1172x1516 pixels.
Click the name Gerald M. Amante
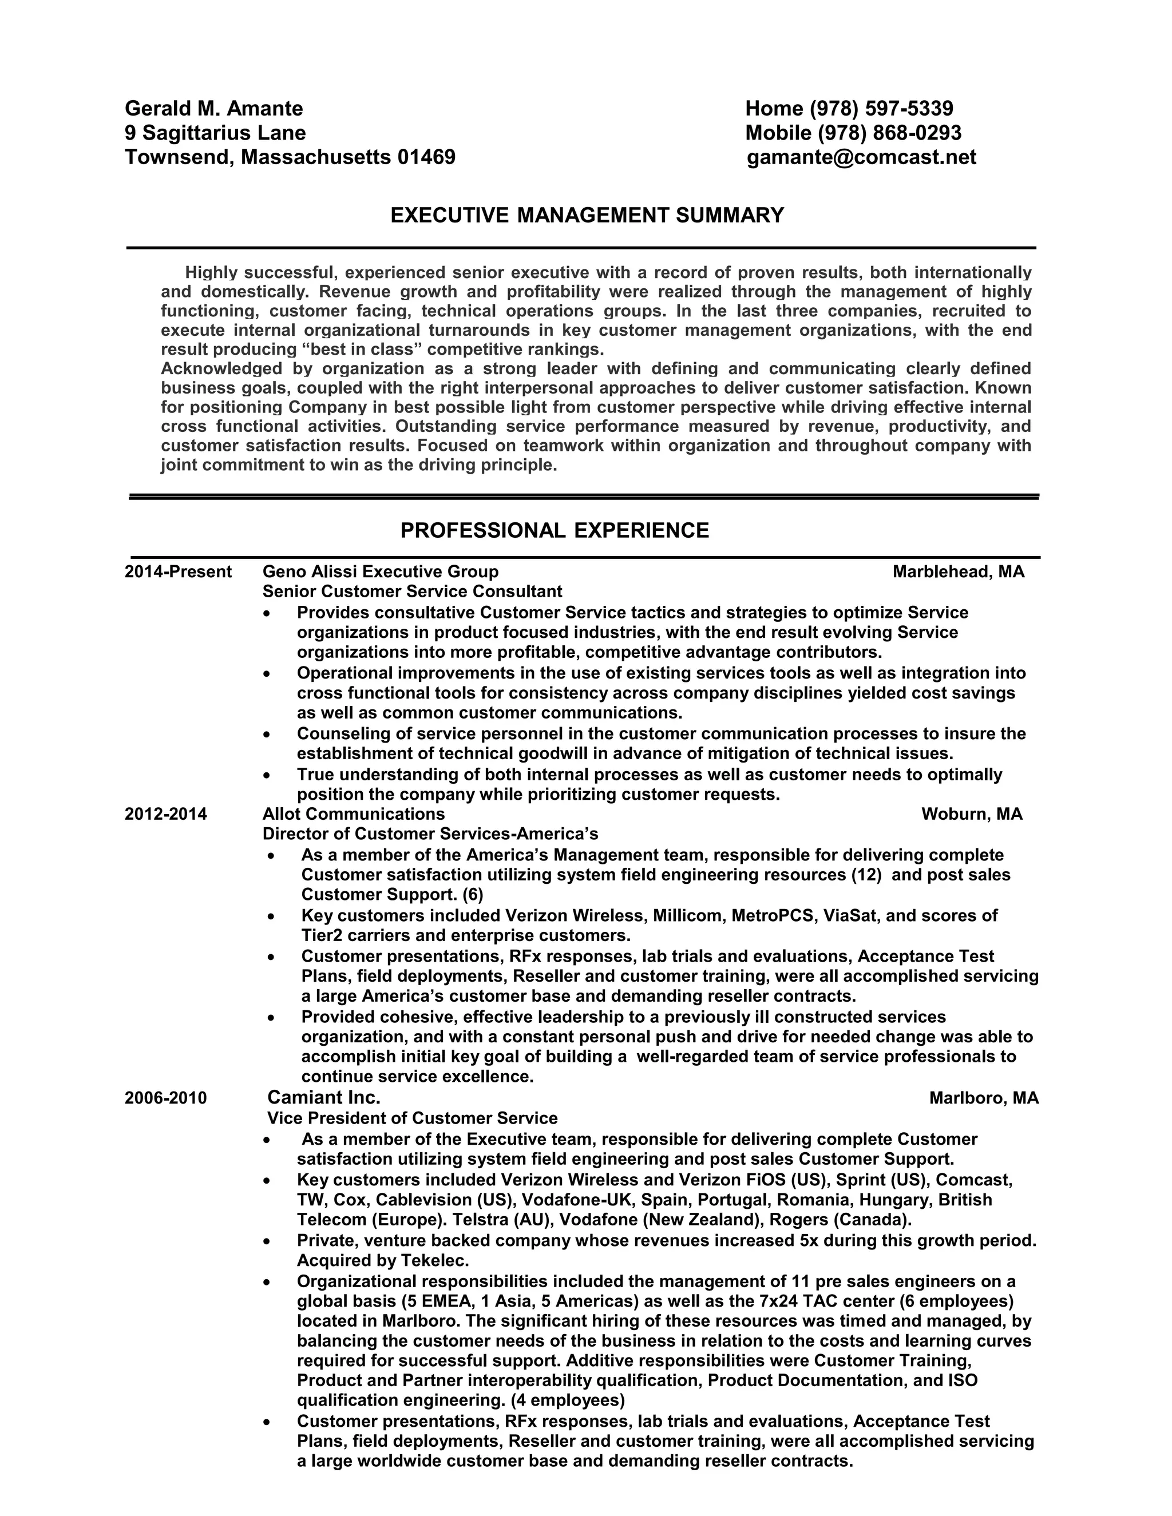(x=214, y=108)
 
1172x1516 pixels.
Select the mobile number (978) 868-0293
(x=889, y=133)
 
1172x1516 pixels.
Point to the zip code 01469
(x=426, y=157)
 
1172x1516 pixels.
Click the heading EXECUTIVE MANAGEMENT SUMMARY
(x=587, y=215)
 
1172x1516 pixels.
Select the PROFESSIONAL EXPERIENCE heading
(x=555, y=530)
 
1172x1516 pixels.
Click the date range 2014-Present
(x=178, y=572)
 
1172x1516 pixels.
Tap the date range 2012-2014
(x=166, y=814)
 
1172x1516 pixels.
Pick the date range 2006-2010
(x=166, y=1098)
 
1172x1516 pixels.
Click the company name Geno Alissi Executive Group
(x=381, y=572)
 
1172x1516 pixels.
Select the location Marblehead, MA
(x=958, y=572)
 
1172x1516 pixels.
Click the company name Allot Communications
(x=354, y=814)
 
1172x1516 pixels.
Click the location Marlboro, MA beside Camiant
(x=984, y=1098)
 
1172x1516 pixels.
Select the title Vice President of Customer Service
(x=413, y=1118)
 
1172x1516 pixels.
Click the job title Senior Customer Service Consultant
(x=413, y=592)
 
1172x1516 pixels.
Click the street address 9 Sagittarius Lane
(x=215, y=133)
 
